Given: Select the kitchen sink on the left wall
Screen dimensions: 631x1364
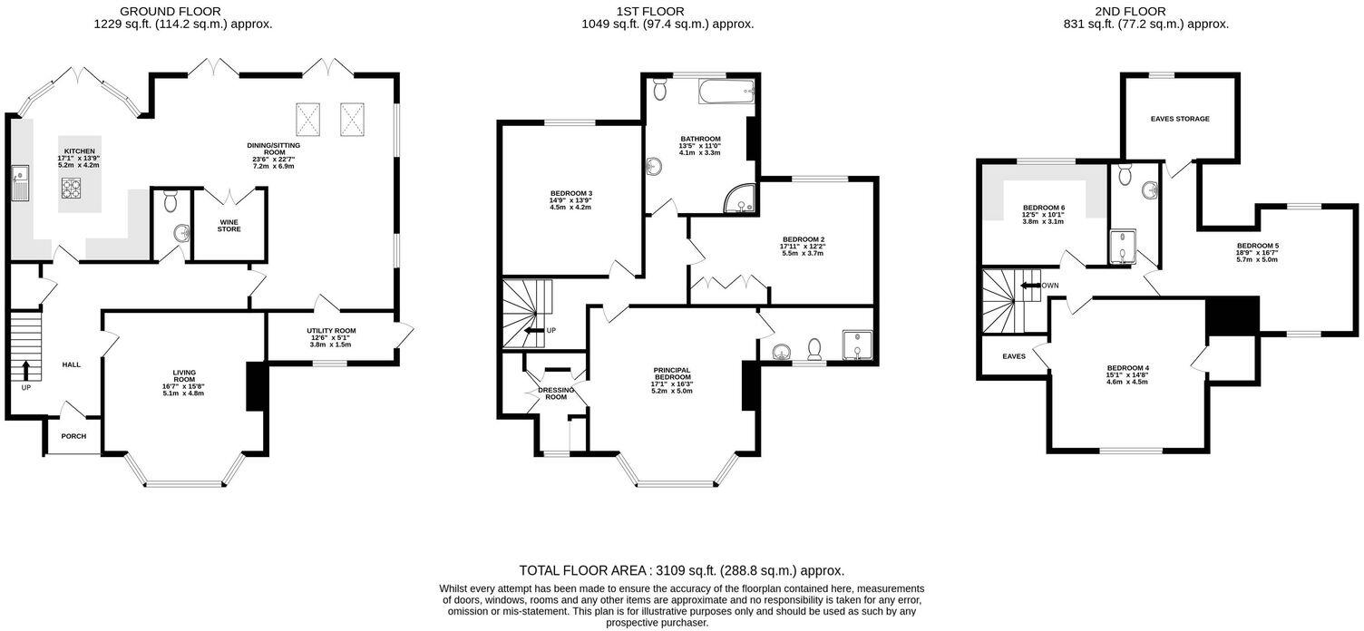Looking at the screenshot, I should tap(18, 185).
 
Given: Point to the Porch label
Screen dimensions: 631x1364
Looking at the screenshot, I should tap(73, 436).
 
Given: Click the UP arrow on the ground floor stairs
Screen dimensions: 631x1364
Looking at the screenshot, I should tap(24, 370).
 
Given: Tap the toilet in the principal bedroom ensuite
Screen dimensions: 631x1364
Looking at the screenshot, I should tap(815, 348).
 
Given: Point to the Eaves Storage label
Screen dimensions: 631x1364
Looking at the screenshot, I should tap(1179, 119).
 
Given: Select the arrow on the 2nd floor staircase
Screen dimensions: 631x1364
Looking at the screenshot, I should tap(1029, 285).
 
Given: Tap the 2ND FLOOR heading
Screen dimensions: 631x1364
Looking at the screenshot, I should tap(1145, 11).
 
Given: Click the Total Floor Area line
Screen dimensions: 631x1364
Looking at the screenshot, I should tap(681, 570).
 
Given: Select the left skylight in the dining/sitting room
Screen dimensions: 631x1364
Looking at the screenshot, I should tap(310, 117).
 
